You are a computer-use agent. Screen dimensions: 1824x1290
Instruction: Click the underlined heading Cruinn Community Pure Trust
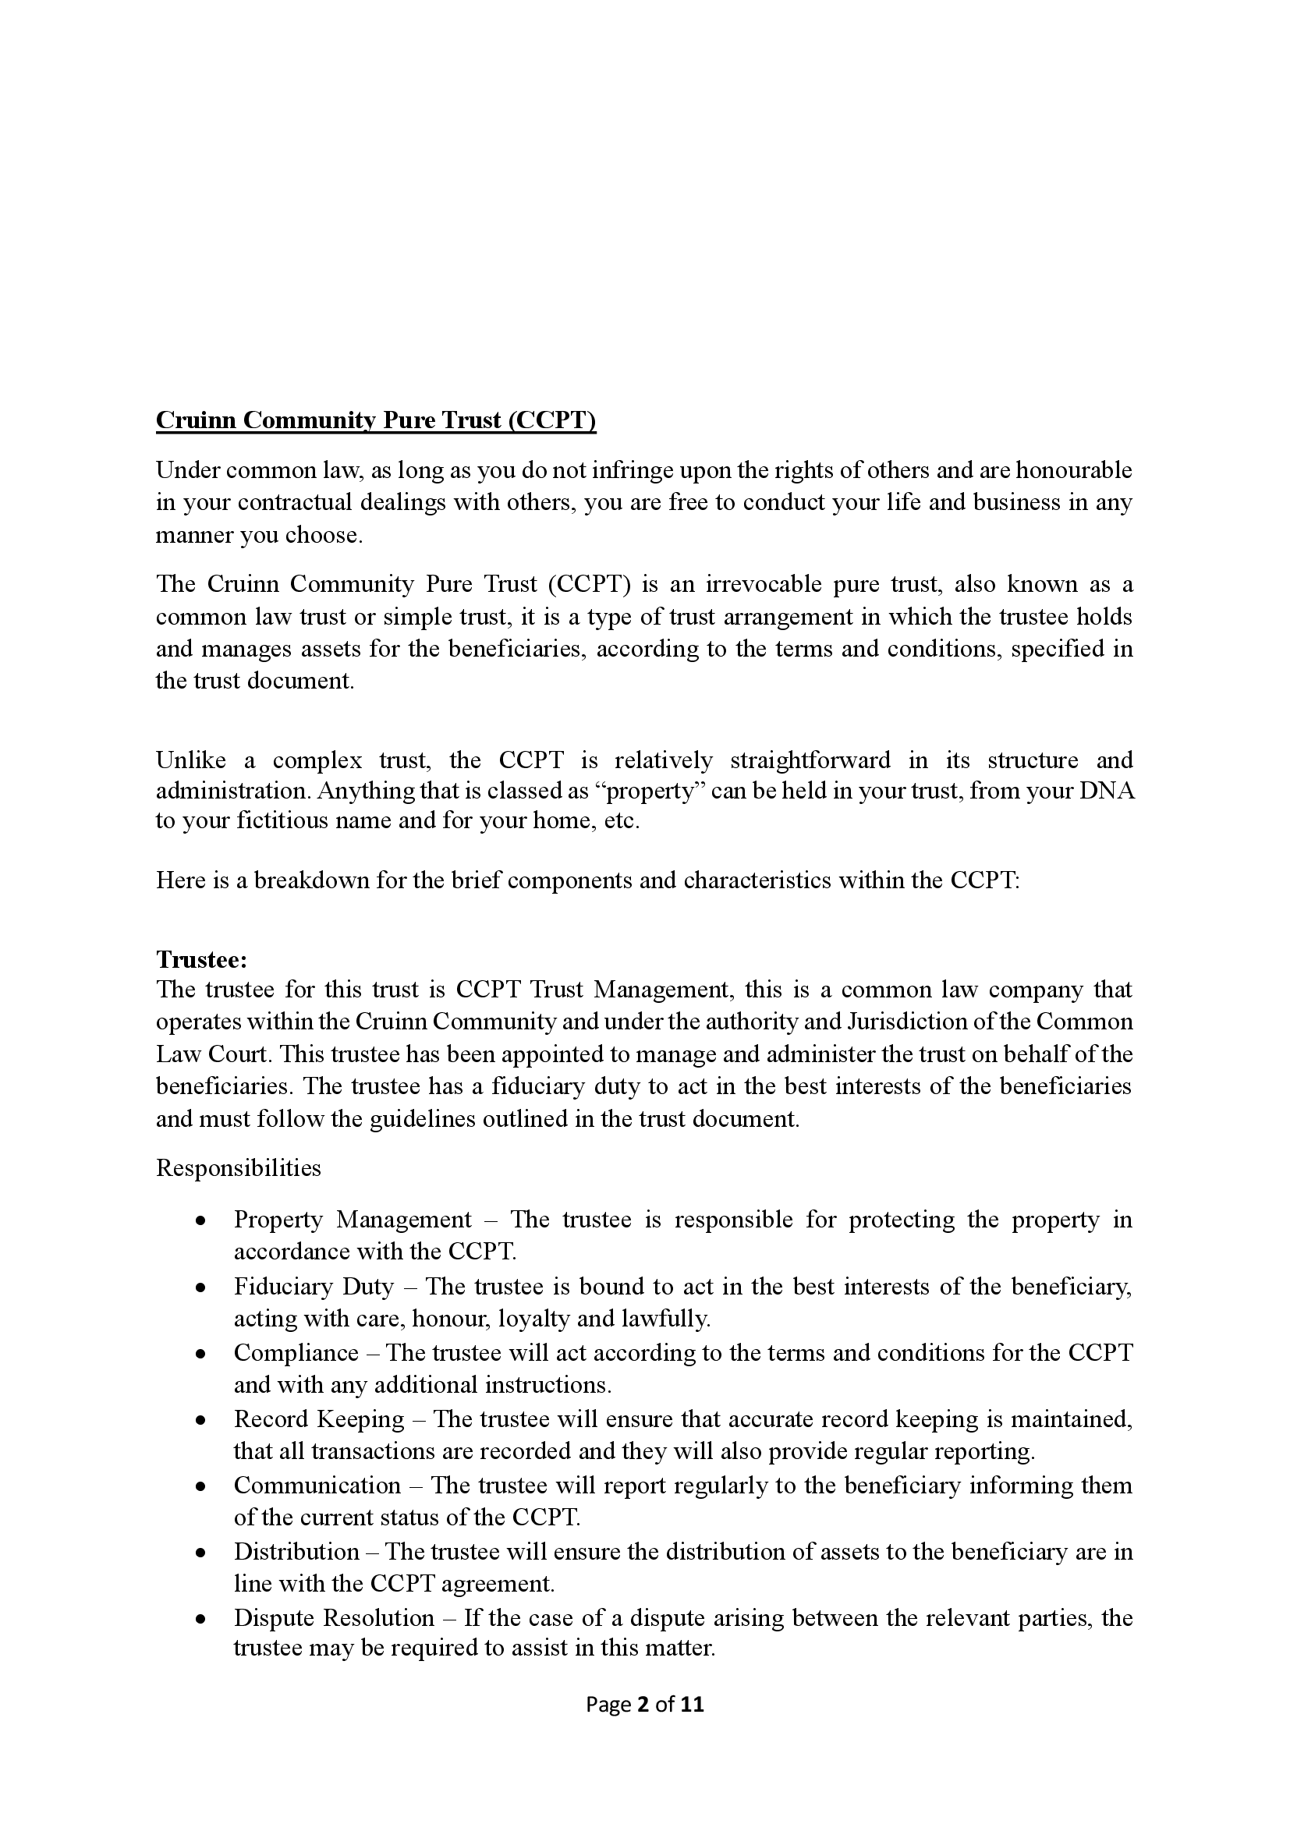point(375,420)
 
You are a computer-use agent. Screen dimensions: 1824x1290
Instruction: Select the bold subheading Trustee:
point(202,960)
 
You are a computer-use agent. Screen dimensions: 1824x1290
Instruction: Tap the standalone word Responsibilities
point(239,1168)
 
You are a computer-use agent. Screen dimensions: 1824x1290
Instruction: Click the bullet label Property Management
point(353,1220)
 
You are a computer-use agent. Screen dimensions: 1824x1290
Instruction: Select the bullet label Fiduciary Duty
point(314,1286)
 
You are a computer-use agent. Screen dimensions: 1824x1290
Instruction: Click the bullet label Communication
point(317,1486)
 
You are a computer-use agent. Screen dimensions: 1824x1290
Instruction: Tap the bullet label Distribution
point(296,1552)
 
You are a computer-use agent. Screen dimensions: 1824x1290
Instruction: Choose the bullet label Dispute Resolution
point(334,1618)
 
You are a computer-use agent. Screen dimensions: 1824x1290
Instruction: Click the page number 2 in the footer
point(643,1704)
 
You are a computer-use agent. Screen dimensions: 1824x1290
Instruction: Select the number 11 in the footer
point(692,1704)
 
